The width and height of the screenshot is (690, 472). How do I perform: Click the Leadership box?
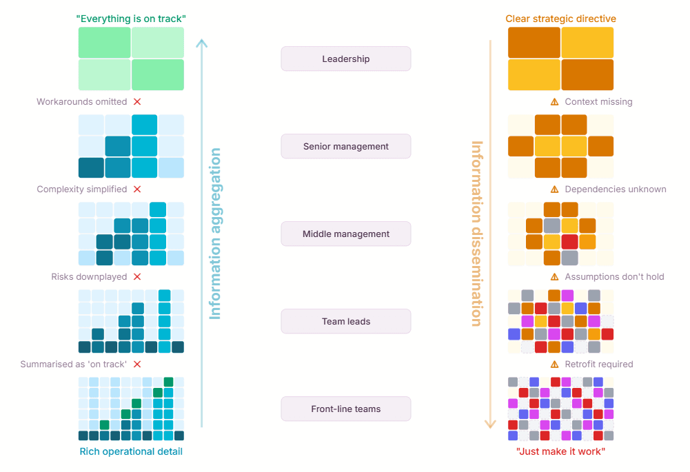pyautogui.click(x=345, y=59)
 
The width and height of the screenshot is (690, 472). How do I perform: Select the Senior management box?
pyautogui.click(x=345, y=146)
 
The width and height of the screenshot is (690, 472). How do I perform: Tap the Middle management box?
pyautogui.click(x=345, y=234)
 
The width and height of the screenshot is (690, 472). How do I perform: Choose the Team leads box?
pyautogui.click(x=345, y=321)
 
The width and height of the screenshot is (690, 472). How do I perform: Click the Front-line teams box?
pyautogui.click(x=345, y=409)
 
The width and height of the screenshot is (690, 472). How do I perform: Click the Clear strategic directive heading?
pyautogui.click(x=560, y=19)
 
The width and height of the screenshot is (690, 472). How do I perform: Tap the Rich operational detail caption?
pyautogui.click(x=131, y=451)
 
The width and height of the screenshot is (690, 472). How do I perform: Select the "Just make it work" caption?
pyautogui.click(x=560, y=451)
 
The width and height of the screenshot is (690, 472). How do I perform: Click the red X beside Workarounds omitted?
pyautogui.click(x=137, y=101)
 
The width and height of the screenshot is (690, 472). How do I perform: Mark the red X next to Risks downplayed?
pyautogui.click(x=137, y=276)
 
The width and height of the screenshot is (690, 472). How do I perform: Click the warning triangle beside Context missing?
pyautogui.click(x=554, y=101)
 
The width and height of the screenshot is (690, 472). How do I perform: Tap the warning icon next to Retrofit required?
pyautogui.click(x=554, y=364)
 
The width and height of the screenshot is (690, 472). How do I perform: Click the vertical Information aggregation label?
pyautogui.click(x=216, y=234)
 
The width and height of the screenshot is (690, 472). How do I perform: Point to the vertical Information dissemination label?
pyautogui.click(x=476, y=234)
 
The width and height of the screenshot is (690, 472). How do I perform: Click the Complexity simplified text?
pyautogui.click(x=81, y=189)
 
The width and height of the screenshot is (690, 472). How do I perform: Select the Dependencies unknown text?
pyautogui.click(x=615, y=189)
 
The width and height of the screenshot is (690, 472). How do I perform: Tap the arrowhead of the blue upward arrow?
pyautogui.click(x=201, y=43)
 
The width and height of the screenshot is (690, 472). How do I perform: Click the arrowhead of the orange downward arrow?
pyautogui.click(x=490, y=424)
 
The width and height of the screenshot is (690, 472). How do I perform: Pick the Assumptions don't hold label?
pyautogui.click(x=614, y=276)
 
